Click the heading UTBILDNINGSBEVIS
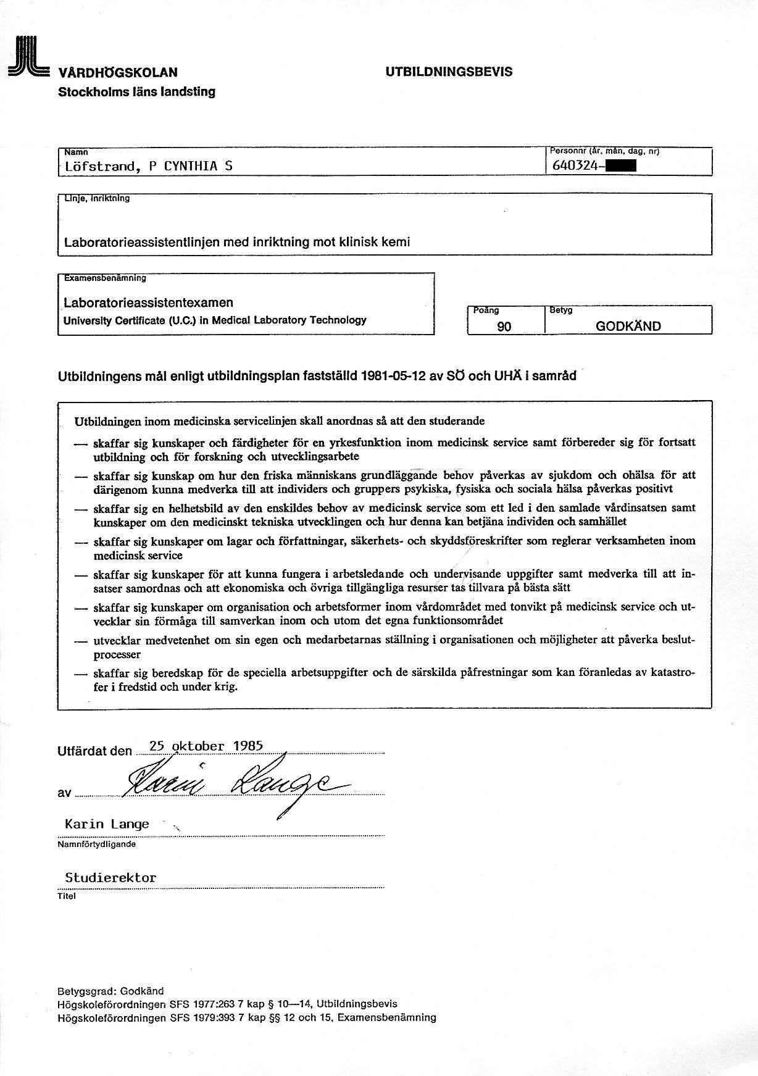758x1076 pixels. [449, 72]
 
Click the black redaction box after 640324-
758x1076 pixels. [621, 165]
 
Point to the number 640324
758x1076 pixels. [574, 165]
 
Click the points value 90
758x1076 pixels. [504, 327]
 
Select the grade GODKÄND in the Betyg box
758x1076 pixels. [628, 327]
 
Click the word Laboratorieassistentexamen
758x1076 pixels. [149, 302]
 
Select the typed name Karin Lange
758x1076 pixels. [107, 824]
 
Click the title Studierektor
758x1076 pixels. [110, 878]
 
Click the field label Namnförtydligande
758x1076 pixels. [96, 845]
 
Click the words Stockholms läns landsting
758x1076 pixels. [136, 92]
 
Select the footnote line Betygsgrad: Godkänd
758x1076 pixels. [110, 991]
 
